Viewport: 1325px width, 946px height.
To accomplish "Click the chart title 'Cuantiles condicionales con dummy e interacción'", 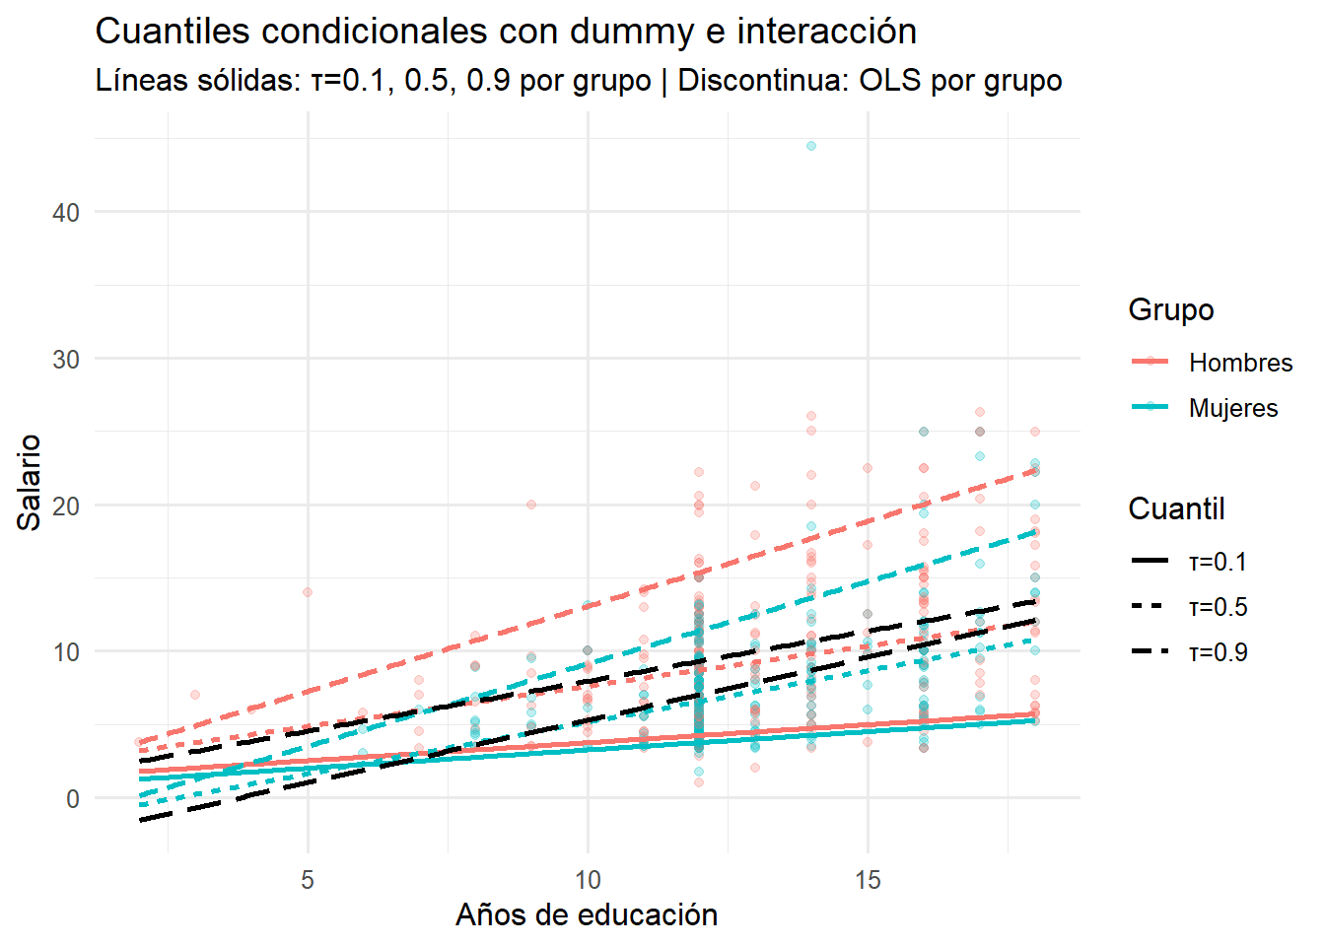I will click(506, 32).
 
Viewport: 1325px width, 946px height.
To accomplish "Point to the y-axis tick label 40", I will click(66, 213).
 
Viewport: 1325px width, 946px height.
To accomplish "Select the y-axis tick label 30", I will click(66, 360).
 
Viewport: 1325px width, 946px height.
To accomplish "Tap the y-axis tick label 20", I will click(66, 507).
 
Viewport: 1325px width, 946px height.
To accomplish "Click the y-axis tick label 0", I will click(73, 799).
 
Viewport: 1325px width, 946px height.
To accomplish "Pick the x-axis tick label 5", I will click(308, 880).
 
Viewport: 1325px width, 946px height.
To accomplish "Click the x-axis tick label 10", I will click(588, 880).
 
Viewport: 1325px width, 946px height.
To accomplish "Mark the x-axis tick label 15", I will click(868, 880).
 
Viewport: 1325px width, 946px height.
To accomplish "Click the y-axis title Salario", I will click(30, 482).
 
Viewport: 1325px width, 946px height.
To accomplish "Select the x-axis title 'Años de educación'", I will click(587, 915).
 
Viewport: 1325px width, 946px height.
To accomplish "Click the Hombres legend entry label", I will click(1240, 363).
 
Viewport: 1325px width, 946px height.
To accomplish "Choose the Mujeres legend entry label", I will click(1233, 408).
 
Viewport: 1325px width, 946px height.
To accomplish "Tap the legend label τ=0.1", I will click(1218, 562).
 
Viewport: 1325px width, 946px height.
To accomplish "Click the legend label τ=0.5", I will click(1218, 607).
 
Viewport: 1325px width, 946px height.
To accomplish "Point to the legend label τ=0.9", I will click(1218, 652).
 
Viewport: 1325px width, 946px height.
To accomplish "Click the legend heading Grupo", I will click(1170, 309).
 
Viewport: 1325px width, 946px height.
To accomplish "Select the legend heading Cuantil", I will click(1176, 508).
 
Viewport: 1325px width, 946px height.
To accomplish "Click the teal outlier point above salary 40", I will click(811, 146).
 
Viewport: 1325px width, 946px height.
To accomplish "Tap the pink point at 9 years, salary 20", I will click(531, 505).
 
